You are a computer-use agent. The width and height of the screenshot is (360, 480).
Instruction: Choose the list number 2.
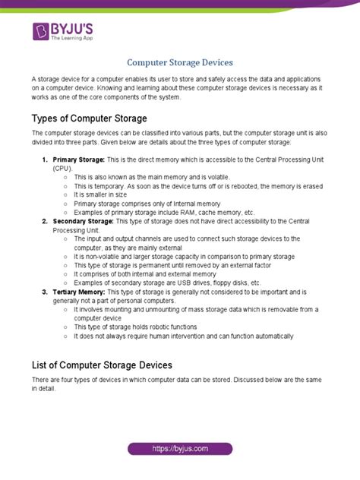(45, 221)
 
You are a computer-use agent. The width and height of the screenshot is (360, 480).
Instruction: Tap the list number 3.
(45, 292)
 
